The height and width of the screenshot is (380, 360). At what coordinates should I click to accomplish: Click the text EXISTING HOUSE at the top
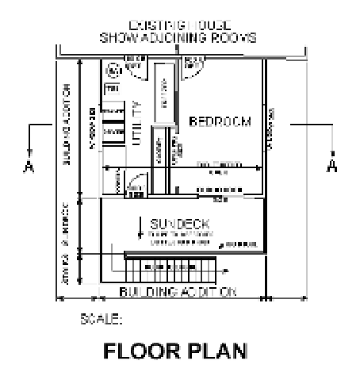[179, 27]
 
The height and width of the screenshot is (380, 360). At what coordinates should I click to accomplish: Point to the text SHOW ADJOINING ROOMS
[179, 38]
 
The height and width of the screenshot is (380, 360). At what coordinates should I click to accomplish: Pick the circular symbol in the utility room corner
[113, 71]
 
